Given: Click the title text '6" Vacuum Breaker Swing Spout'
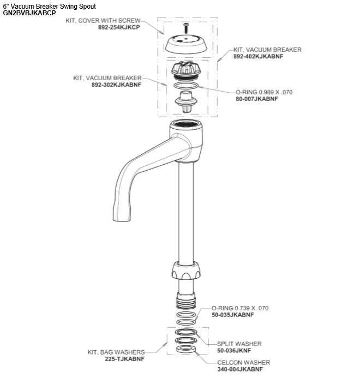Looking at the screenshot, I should coord(49,5).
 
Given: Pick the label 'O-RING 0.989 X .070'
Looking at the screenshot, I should coord(264,92).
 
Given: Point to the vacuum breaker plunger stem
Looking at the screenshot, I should coord(187,102).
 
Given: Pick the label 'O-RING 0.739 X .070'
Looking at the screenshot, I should coord(239,308).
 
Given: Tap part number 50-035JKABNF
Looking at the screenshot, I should coord(232,315).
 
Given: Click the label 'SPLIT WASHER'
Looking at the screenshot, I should coord(239,344).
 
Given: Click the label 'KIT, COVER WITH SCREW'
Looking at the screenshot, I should coord(106,21).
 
